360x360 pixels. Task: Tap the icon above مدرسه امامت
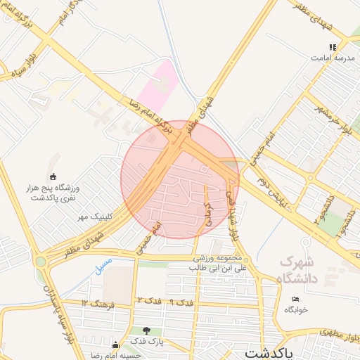point(333,46)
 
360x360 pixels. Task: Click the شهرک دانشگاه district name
point(298,270)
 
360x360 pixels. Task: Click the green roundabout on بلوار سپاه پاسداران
point(41,262)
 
